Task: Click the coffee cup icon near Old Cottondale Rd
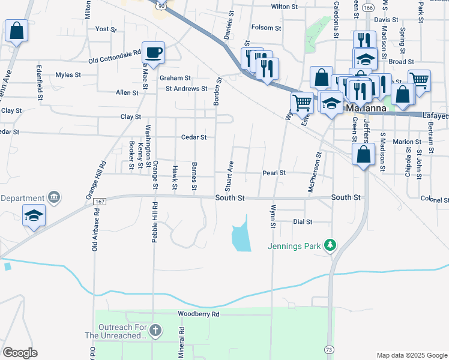pyautogui.click(x=153, y=52)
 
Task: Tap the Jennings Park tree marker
pyautogui.click(x=329, y=245)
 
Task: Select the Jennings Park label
pyautogui.click(x=294, y=245)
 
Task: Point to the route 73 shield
pyautogui.click(x=328, y=349)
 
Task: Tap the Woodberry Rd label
pyautogui.click(x=199, y=314)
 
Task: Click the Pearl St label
pyautogui.click(x=273, y=173)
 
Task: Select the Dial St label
pyautogui.click(x=303, y=222)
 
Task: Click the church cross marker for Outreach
pyautogui.click(x=155, y=330)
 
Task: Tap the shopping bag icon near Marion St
pyautogui.click(x=364, y=155)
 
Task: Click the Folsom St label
pyautogui.click(x=266, y=28)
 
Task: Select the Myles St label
pyautogui.click(x=68, y=75)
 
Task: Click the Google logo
pyautogui.click(x=20, y=353)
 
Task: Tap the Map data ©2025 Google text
pyautogui.click(x=411, y=355)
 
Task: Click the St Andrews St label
pyautogui.click(x=186, y=88)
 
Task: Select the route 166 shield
pyautogui.click(x=368, y=8)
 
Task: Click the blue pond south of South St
pyautogui.click(x=240, y=236)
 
